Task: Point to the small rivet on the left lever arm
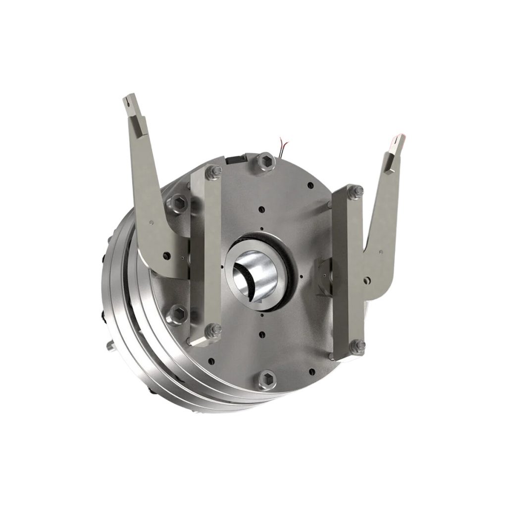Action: coord(167,255)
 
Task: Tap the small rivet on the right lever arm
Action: coord(381,253)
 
